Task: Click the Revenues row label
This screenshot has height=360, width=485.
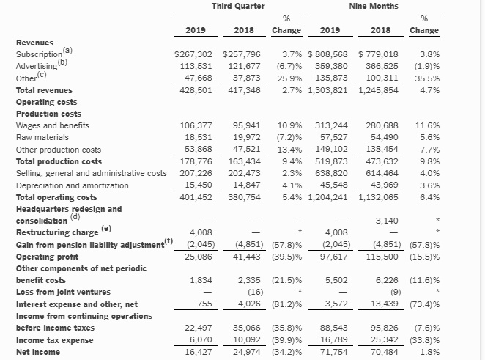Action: (34, 43)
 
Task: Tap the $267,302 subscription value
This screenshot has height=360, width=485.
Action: (194, 54)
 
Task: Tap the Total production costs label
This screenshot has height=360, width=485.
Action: (59, 161)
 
